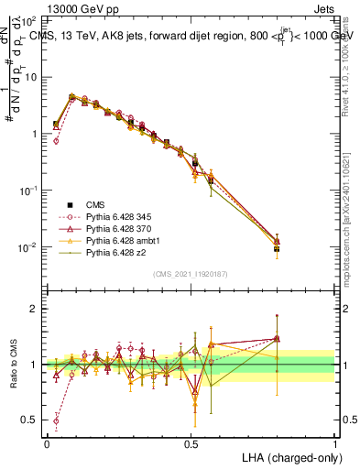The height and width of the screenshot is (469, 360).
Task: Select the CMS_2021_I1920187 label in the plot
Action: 190,274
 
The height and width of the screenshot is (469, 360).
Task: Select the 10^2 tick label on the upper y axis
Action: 27,20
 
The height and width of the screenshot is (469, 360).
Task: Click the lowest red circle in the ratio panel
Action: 56,422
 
